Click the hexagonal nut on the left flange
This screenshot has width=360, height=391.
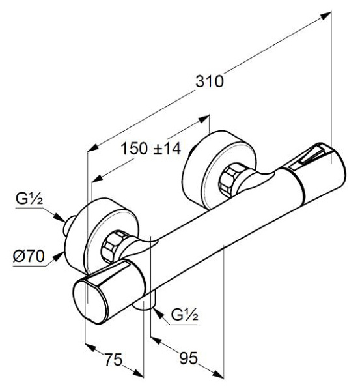point(117,246)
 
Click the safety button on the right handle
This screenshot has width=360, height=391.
point(309,157)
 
